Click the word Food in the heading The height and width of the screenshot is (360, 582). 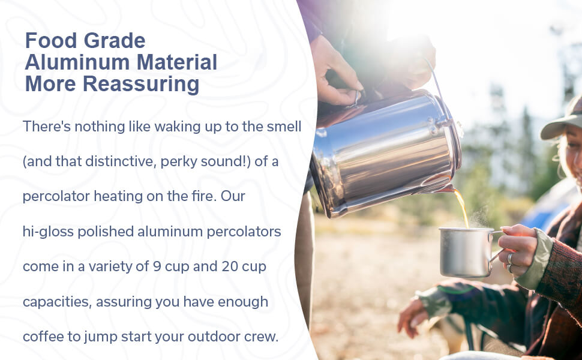(51, 40)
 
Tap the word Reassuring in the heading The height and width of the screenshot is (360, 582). (141, 85)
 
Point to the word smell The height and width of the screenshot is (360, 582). (284, 127)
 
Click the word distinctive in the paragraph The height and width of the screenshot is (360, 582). (120, 161)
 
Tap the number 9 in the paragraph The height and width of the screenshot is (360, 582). (157, 266)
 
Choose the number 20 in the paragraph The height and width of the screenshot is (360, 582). (230, 266)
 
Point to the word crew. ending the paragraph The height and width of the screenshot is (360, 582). (262, 337)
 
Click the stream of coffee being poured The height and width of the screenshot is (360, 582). (462, 208)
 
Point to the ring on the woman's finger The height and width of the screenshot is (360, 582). (510, 259)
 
